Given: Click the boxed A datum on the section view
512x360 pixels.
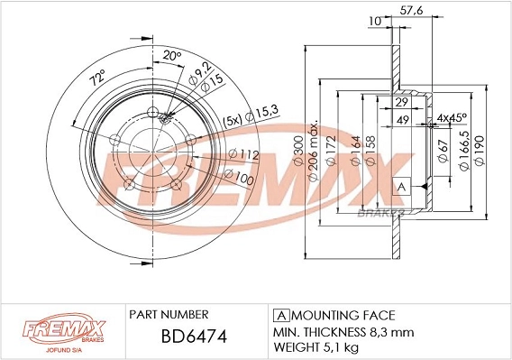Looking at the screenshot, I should (402, 186).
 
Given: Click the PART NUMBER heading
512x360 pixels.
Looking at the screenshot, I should (169, 314).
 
